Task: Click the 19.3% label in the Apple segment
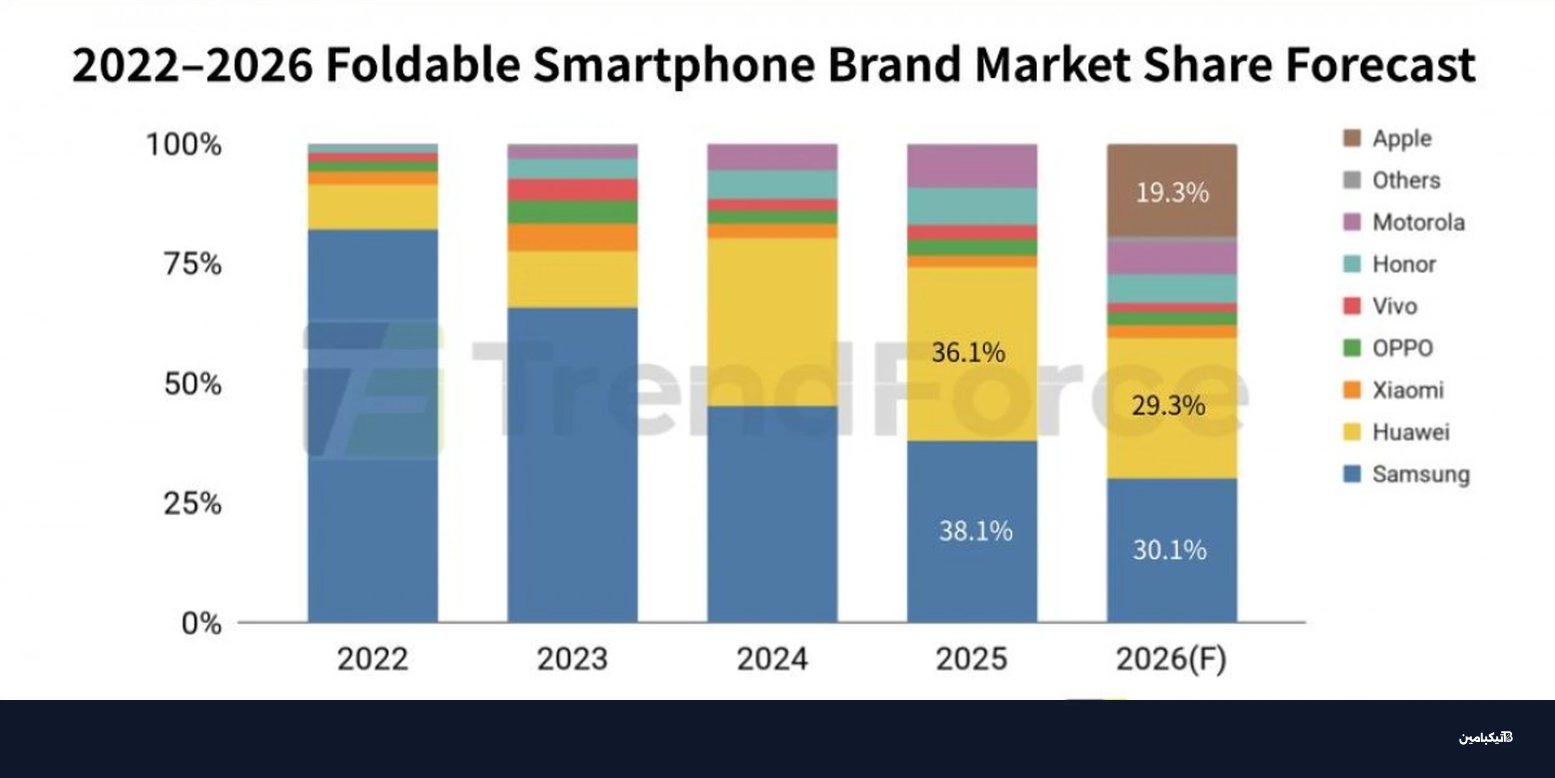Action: coord(1172,193)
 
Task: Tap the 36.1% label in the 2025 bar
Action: coord(969,352)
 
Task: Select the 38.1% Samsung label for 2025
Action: coord(976,531)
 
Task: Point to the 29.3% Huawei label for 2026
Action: coord(1169,405)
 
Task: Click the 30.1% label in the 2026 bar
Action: coord(1170,550)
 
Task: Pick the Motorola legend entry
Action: coord(1404,223)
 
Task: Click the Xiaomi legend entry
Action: coord(1393,390)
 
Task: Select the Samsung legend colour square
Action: coord(1352,474)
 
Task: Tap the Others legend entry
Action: coord(1391,180)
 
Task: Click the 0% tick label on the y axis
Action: coord(202,623)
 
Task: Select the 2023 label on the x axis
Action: coord(572,658)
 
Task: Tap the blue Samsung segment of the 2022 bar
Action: coord(373,426)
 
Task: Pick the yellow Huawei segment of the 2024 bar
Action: coord(773,322)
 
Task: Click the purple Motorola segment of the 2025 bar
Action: coord(972,165)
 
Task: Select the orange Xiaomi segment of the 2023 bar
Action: coord(572,238)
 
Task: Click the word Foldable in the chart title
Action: coord(423,65)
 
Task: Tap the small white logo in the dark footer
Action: coord(1486,738)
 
